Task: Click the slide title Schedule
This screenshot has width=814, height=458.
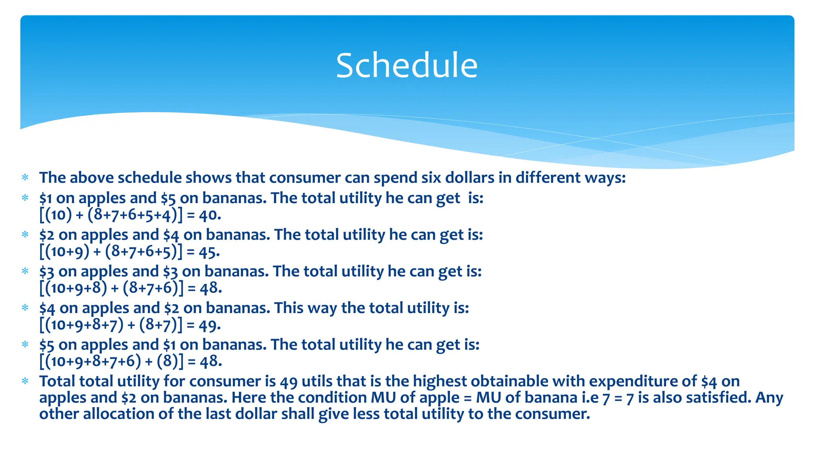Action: pyautogui.click(x=407, y=66)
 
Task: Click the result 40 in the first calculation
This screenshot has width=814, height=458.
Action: pyautogui.click(x=209, y=215)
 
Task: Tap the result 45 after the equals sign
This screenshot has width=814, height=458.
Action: pyautogui.click(x=209, y=252)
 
